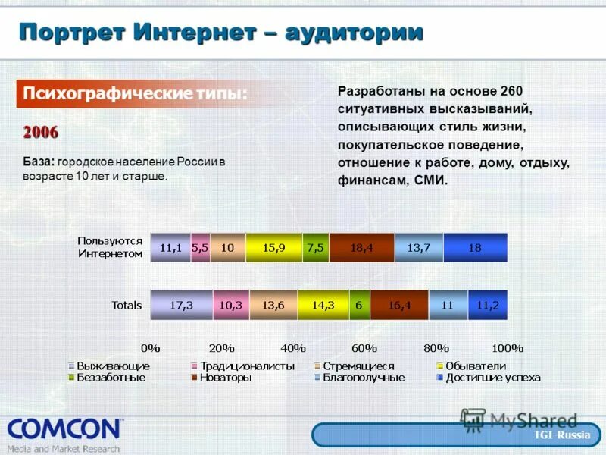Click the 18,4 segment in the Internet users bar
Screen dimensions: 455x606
pos(362,248)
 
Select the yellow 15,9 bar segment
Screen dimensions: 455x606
pos(273,248)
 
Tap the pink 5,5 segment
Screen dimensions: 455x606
pos(200,248)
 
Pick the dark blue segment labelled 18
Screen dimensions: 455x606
pos(475,248)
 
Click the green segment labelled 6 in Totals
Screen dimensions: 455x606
pos(359,305)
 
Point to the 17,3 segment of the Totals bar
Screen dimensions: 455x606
pos(182,305)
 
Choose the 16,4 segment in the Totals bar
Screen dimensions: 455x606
pos(399,305)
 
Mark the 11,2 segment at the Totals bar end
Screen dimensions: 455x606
pos(488,305)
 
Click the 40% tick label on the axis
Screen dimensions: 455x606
pos(293,348)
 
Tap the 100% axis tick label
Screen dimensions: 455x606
pos(507,348)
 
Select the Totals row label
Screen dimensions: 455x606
pos(127,306)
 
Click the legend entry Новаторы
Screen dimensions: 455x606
pos(226,377)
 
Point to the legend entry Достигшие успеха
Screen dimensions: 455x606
pos(493,377)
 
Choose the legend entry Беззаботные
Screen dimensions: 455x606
pos(111,377)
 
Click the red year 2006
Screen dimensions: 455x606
pos(40,132)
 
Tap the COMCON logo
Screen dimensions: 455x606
pos(64,430)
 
